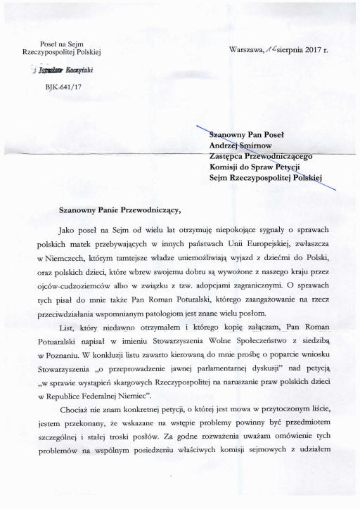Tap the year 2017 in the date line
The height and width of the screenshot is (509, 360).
tap(318, 50)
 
